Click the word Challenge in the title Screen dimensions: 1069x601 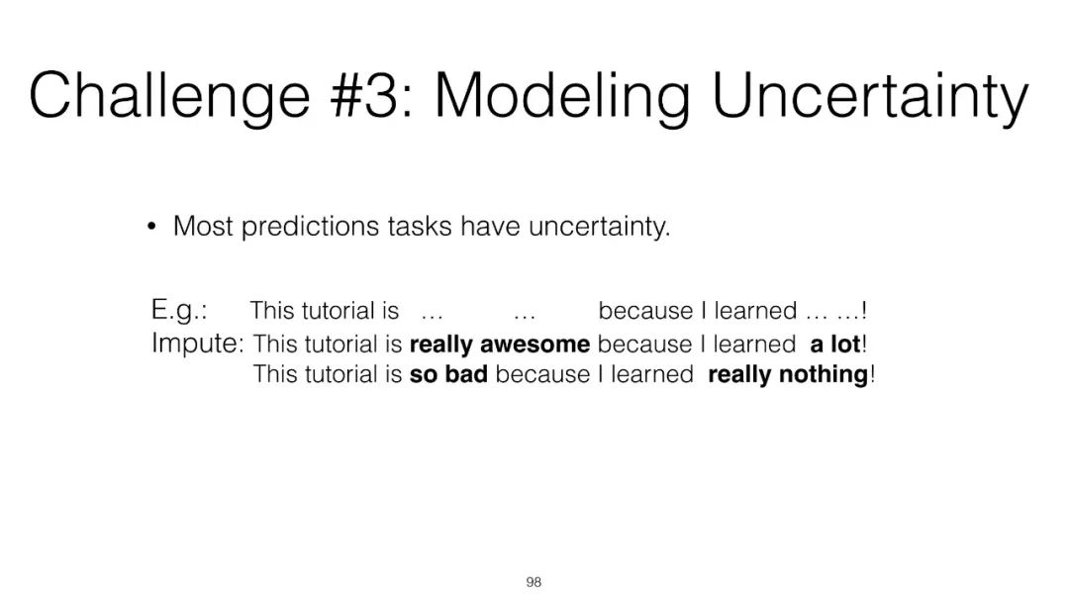(170, 97)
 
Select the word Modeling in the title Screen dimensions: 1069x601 (562, 98)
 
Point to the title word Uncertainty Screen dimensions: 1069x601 (869, 98)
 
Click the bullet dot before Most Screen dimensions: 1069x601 (151, 227)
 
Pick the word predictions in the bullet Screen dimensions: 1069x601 (310, 227)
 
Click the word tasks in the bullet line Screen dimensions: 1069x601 (420, 227)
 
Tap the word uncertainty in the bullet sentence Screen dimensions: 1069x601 (599, 227)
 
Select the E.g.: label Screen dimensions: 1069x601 (179, 310)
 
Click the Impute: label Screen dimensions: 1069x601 (197, 344)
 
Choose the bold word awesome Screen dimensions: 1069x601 (535, 345)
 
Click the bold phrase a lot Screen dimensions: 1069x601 (835, 344)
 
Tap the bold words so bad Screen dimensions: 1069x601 (448, 374)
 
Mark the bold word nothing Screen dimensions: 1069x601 (824, 375)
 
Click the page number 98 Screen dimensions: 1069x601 (534, 582)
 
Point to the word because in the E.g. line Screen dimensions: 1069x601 (645, 311)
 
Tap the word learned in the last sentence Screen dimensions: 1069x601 (651, 374)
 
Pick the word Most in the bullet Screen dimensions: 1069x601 (203, 227)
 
